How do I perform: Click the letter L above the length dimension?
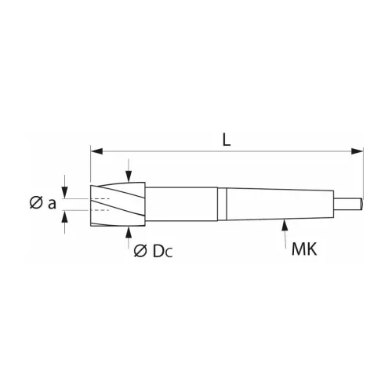click(226, 140)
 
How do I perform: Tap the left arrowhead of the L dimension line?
click(96, 149)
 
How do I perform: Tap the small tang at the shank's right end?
click(349, 203)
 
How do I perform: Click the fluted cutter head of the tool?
click(118, 203)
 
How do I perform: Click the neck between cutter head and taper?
click(184, 203)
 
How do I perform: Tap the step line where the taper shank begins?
click(223, 203)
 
